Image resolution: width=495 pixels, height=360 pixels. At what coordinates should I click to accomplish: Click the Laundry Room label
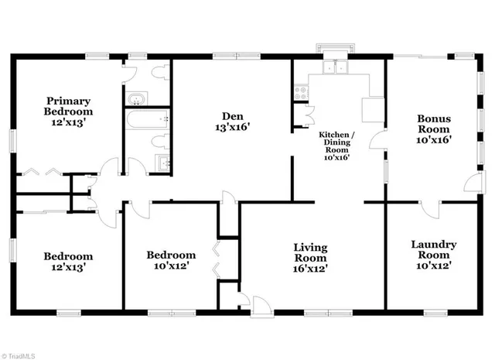433,254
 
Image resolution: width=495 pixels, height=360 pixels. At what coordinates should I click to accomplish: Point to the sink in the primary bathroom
138,98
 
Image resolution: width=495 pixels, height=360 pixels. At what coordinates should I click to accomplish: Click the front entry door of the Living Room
260,303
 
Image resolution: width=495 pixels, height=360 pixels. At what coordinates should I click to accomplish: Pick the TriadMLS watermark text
21,354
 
